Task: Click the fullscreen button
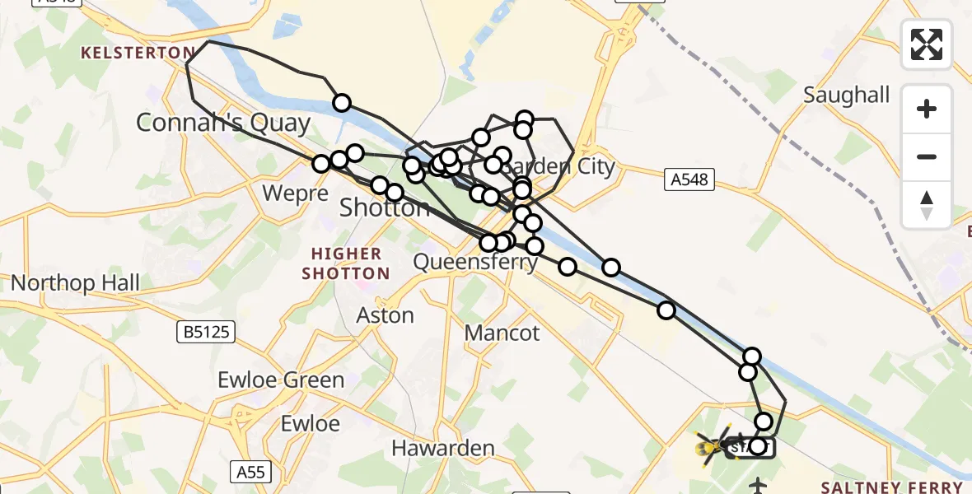927,44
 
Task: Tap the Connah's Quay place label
223,123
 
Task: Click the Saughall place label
847,96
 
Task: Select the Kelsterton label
137,53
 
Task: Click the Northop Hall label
75,283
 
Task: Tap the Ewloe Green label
281,380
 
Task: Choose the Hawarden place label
442,449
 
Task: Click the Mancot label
502,333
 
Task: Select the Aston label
385,315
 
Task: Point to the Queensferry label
475,263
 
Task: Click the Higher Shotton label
346,263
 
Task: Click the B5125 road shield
206,333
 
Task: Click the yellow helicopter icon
710,446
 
